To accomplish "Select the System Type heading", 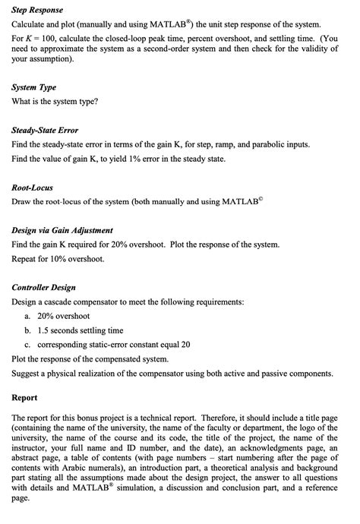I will [x=34, y=87].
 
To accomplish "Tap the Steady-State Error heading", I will [x=46, y=130].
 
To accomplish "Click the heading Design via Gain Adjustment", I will [x=63, y=229].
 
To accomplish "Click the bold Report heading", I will [x=27, y=397].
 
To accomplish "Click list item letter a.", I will [x=27, y=315].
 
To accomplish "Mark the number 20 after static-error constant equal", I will [x=185, y=345].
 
